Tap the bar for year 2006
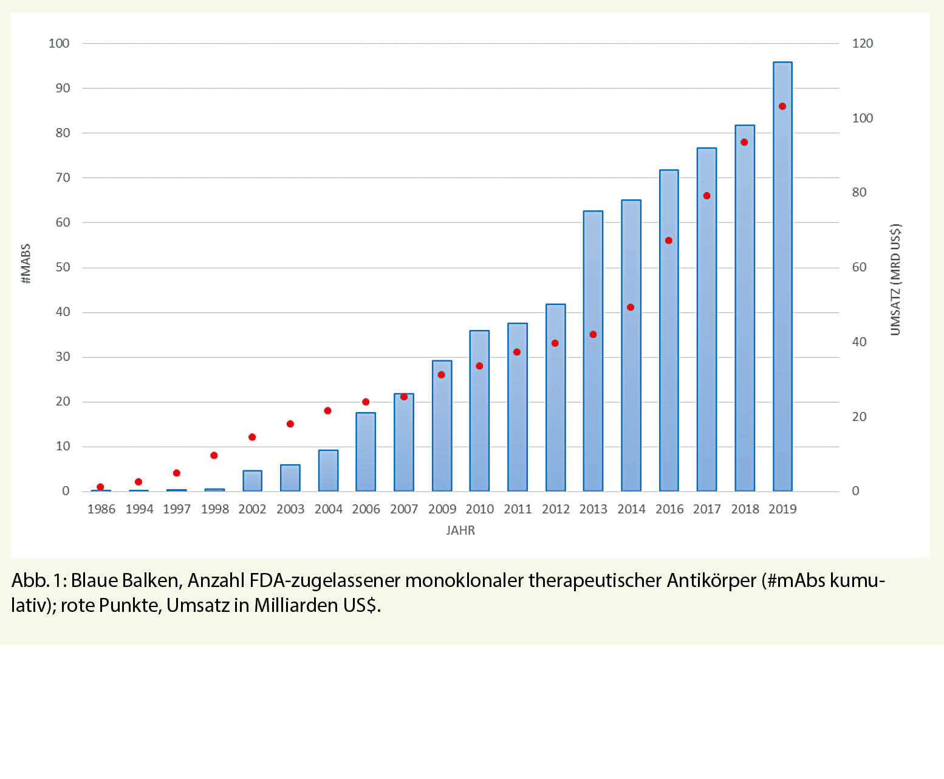pos(366,452)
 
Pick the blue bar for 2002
pos(252,481)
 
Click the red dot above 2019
pos(782,106)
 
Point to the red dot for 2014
pos(631,307)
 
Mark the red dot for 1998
pos(214,456)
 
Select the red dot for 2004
pos(328,411)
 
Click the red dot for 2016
pos(669,241)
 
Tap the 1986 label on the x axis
pos(101,509)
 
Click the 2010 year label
pos(479,509)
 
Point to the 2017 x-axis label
pos(706,509)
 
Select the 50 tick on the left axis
pos(63,267)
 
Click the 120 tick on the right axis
pos(863,43)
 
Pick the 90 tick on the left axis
pos(63,88)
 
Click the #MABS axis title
pos(26,264)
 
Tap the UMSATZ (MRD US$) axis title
pos(895,280)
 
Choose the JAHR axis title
pos(460,530)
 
